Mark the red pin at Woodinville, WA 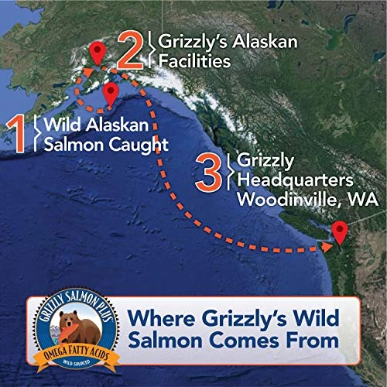click(x=339, y=231)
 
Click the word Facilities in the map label click(x=192, y=60)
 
